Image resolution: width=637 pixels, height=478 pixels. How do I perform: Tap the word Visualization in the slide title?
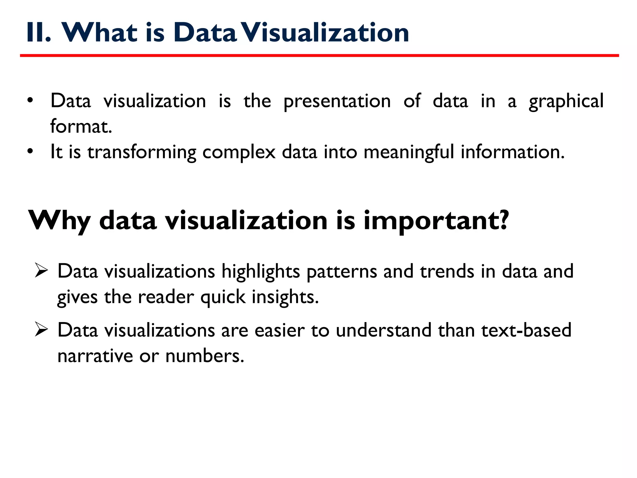[325, 33]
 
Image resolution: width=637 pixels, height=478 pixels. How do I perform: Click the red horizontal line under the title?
[319, 56]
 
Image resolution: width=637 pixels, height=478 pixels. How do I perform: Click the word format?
[81, 127]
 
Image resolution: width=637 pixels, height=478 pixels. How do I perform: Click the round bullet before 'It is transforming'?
[30, 152]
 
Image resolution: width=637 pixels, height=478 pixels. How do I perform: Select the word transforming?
[142, 152]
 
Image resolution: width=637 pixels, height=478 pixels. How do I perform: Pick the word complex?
[239, 152]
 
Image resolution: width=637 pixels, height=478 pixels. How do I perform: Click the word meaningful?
[409, 152]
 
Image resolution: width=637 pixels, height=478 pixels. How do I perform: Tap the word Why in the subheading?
[59, 221]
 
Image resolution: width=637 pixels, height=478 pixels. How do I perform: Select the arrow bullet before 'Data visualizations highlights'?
[41, 270]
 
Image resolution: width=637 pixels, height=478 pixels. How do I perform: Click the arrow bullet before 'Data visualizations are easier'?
[41, 329]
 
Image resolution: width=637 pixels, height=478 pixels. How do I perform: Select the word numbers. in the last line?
[205, 356]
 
